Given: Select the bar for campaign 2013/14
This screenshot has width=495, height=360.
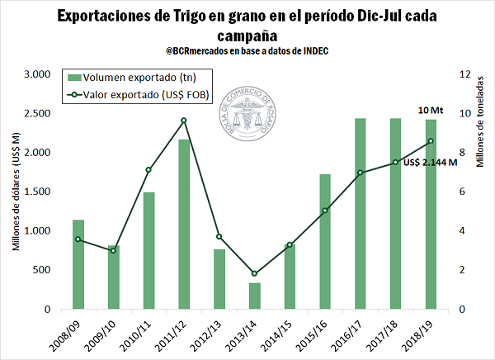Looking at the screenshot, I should [x=255, y=296].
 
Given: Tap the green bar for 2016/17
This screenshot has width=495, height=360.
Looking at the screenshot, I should [x=361, y=214].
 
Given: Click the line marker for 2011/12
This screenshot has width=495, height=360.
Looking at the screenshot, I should [x=184, y=121].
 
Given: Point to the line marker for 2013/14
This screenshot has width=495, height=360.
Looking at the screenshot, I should [x=255, y=273].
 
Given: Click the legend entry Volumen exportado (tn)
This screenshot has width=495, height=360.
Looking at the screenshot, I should [x=137, y=77].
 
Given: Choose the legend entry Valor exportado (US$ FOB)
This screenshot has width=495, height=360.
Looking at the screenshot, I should [x=137, y=95].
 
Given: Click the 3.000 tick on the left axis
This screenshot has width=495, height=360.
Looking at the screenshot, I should [x=40, y=74].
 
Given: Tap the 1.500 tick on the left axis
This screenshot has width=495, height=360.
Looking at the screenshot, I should [x=40, y=192].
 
